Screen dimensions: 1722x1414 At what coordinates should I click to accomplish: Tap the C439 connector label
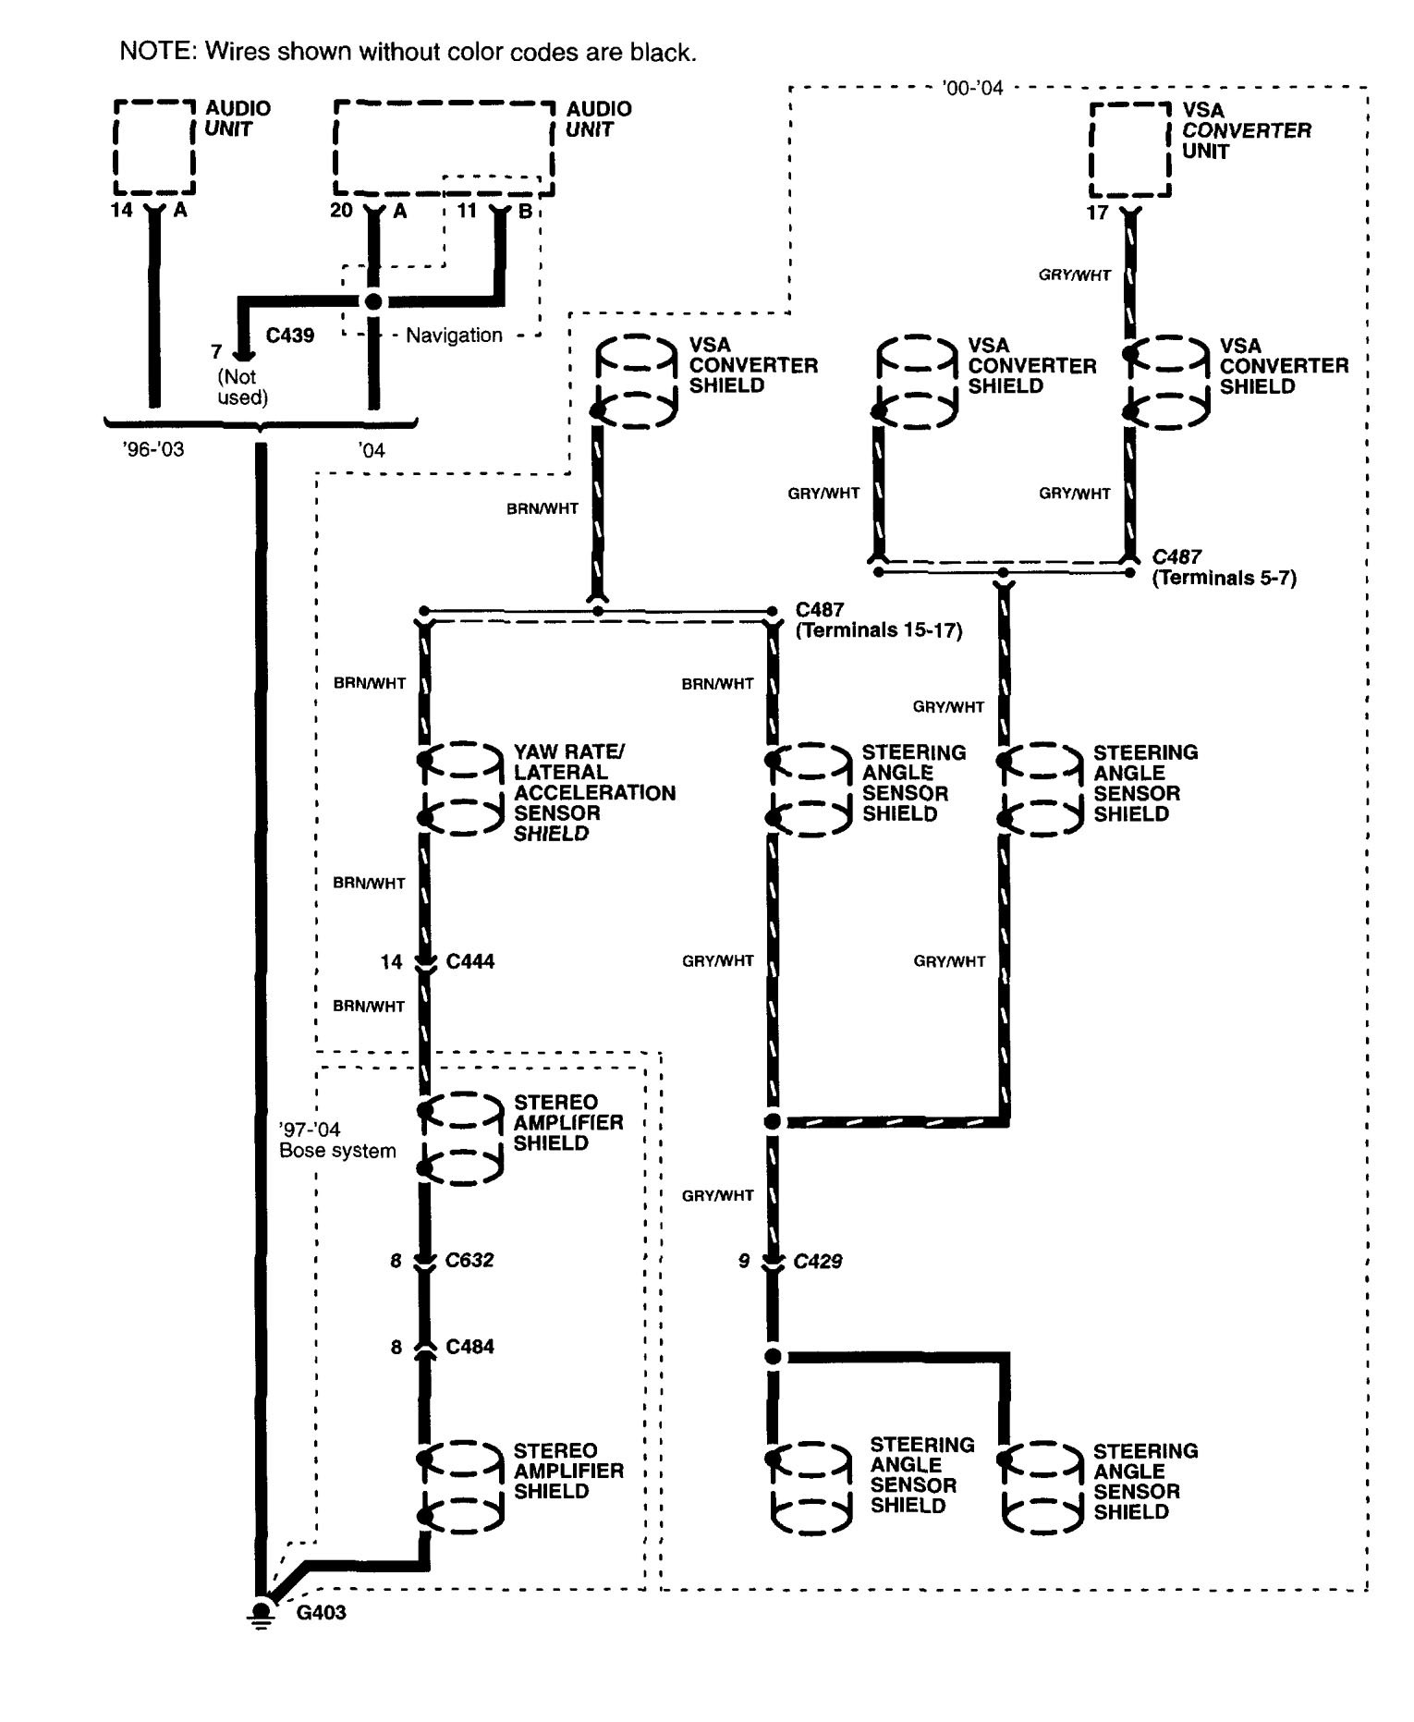[289, 336]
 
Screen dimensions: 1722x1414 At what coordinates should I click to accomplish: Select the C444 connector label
[469, 961]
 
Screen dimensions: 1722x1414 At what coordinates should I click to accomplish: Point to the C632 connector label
[469, 1260]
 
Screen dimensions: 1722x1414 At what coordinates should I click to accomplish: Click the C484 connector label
[469, 1347]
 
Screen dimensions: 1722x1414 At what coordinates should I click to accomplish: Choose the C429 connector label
[818, 1261]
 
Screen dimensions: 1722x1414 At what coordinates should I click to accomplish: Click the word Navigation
[454, 335]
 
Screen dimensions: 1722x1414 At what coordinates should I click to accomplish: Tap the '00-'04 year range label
[971, 89]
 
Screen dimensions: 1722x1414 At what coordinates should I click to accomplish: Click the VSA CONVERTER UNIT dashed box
[1129, 150]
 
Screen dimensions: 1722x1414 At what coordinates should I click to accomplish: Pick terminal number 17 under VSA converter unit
[1096, 213]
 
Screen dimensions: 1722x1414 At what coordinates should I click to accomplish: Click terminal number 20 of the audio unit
[341, 211]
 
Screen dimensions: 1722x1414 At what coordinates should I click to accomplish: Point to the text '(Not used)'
[242, 387]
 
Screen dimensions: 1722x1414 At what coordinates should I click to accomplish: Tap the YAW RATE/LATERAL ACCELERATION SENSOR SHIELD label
[593, 793]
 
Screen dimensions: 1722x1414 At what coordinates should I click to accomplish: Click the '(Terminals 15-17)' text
[878, 630]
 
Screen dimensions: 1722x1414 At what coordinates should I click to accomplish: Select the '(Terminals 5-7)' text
[1224, 578]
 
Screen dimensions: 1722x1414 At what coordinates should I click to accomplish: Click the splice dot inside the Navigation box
[372, 301]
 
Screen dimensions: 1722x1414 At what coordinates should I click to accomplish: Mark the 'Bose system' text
[337, 1151]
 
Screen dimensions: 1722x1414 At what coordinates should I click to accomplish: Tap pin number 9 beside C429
[743, 1261]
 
